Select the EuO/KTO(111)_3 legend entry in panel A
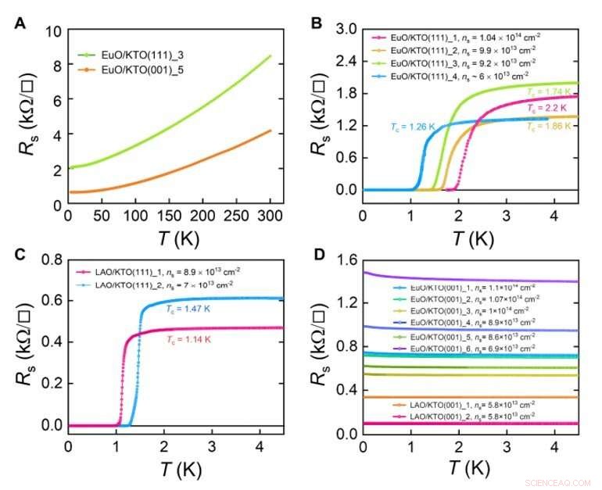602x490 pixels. (133, 55)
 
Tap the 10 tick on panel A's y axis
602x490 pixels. (53, 32)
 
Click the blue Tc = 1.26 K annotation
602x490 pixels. (413, 127)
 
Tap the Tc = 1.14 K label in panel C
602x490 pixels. (201, 340)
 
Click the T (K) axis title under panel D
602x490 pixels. (469, 469)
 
